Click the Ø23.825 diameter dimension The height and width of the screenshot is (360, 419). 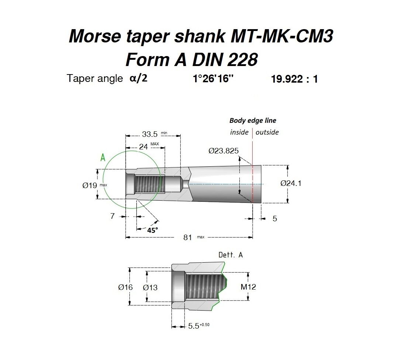click(x=224, y=151)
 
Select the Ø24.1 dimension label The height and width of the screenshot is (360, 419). click(x=291, y=183)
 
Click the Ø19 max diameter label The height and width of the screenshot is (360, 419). click(x=94, y=185)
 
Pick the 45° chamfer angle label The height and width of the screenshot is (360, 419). click(x=153, y=230)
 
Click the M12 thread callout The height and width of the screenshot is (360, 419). click(x=248, y=287)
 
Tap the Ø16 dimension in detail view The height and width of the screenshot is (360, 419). click(x=125, y=287)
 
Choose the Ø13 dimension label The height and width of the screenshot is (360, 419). click(x=150, y=288)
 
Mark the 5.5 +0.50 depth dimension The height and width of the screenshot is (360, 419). click(x=199, y=326)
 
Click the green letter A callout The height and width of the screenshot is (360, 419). click(x=103, y=157)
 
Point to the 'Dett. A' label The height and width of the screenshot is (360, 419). click(x=231, y=255)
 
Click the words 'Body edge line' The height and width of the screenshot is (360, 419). click(x=253, y=121)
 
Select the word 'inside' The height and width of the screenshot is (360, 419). click(x=239, y=132)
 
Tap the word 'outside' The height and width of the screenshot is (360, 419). click(x=267, y=132)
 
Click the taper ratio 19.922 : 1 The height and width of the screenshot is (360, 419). click(x=294, y=79)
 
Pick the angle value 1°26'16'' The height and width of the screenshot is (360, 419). click(x=213, y=79)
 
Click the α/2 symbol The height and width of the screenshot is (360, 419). click(x=138, y=78)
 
